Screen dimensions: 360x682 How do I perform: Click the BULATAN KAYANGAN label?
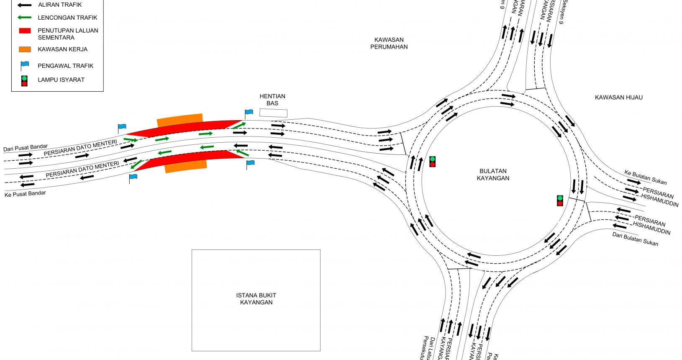pos(493,175)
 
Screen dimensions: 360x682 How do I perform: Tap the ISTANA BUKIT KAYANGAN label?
pos(256,299)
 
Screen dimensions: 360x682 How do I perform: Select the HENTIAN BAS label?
pos(272,100)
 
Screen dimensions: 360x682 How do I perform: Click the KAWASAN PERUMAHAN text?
pos(389,43)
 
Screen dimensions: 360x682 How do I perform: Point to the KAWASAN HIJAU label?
pos(618,98)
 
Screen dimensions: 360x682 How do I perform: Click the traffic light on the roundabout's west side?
pos(433,162)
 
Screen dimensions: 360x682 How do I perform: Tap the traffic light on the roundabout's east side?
pos(560,201)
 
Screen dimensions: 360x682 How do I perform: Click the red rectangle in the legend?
pos(25,31)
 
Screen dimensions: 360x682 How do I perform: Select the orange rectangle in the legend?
pos(25,49)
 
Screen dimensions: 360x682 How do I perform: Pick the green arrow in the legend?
pos(24,18)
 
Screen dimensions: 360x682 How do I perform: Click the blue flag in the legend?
pos(25,65)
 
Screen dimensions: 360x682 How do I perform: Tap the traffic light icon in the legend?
pos(24,81)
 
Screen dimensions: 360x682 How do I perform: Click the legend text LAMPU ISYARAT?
pos(61,80)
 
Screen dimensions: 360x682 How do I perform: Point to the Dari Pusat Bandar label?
pos(26,148)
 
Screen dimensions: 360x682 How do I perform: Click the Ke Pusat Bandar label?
pos(25,194)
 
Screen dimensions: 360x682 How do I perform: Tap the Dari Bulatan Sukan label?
pos(635,239)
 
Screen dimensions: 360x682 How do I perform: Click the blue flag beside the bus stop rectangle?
pos(249,113)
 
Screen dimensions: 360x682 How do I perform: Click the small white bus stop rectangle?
pos(273,113)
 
